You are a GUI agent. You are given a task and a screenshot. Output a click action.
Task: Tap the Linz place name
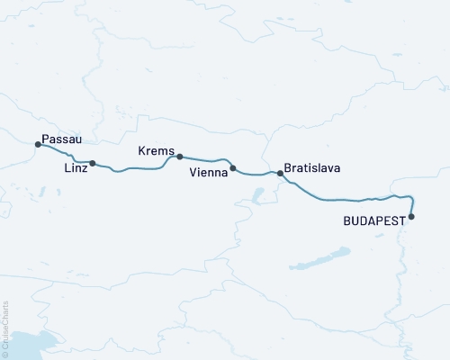(x=76, y=167)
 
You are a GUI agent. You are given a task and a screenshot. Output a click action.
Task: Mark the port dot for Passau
(x=38, y=144)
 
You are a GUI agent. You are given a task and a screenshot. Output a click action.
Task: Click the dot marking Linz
(x=93, y=164)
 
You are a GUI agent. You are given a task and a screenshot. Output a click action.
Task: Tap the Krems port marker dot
(x=180, y=157)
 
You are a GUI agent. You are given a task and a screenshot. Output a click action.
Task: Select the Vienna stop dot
(x=233, y=168)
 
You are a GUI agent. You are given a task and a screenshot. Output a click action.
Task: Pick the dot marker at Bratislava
(x=279, y=173)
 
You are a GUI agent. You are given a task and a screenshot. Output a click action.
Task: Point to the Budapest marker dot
(x=411, y=216)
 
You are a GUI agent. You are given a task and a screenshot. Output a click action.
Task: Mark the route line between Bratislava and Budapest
(x=342, y=200)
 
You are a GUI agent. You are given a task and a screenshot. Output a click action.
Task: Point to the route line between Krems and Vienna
(x=207, y=159)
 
